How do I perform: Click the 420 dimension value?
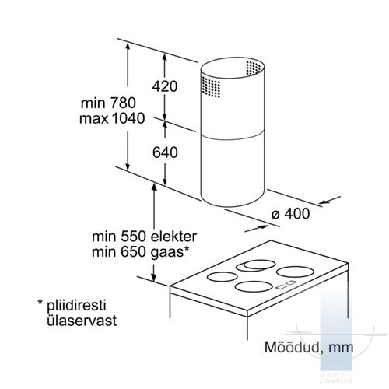tap(165, 86)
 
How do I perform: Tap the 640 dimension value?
tap(165, 152)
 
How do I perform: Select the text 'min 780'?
tap(108, 103)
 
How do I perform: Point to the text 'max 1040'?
tap(112, 118)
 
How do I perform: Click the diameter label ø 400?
tap(290, 214)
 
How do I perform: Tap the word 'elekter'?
tap(173, 237)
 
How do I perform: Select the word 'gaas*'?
tap(170, 252)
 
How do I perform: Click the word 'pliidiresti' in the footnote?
tap(76, 305)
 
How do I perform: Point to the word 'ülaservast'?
tap(82, 321)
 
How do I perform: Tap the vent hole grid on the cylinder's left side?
tap(211, 87)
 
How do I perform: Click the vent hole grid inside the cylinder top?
tap(254, 68)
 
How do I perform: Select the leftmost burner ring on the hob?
tap(223, 276)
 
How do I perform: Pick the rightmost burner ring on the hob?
tap(295, 272)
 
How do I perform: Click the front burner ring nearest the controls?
tap(254, 286)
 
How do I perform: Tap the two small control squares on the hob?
tap(286, 285)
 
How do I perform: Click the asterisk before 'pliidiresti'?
tap(40, 302)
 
